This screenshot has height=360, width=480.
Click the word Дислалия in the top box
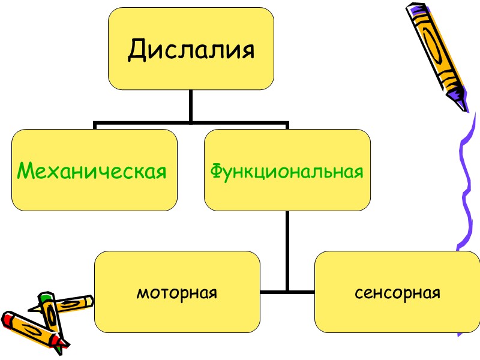click(x=191, y=50)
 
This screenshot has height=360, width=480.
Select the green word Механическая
click(x=92, y=172)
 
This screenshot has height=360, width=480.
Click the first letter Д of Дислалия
click(x=137, y=50)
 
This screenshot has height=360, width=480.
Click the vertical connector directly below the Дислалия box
click(x=191, y=106)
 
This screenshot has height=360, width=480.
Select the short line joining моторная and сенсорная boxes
click(x=287, y=292)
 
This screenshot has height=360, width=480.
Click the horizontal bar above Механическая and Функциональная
click(x=191, y=124)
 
